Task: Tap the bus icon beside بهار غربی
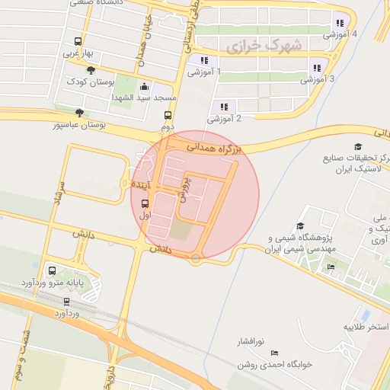77,42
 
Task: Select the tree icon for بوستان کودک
91,70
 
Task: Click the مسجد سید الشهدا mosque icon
145,87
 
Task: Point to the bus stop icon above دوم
168,115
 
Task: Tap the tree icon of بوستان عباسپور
79,113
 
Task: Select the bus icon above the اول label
145,204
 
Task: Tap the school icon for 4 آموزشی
339,23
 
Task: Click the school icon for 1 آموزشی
203,60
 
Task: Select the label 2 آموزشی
225,118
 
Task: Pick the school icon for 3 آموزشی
317,67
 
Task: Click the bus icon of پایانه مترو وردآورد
53,270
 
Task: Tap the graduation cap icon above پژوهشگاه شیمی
300,226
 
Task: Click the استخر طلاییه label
366,327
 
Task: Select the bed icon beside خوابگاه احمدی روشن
275,353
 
